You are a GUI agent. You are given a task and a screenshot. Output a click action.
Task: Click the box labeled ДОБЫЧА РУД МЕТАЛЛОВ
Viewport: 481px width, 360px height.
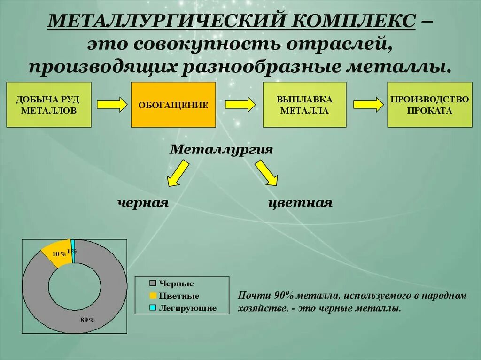tap(48, 105)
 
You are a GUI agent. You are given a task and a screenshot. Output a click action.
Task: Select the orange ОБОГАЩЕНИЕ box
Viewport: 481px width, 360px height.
tap(173, 105)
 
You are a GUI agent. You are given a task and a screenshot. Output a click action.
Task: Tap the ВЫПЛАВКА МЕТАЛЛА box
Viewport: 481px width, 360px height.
tap(304, 105)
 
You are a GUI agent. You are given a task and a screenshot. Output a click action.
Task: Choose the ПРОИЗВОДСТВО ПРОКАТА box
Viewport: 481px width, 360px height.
tap(429, 105)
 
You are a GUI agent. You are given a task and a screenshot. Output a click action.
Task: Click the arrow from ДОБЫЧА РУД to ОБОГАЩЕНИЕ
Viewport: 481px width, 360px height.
tap(112, 104)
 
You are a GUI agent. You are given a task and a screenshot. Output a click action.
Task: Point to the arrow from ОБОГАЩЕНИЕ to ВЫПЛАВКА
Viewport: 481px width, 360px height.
tap(240, 104)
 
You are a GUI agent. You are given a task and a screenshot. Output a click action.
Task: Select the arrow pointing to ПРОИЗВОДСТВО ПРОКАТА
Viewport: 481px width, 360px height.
tap(369, 104)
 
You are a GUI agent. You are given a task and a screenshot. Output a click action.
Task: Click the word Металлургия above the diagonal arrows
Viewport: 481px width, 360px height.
tap(221, 149)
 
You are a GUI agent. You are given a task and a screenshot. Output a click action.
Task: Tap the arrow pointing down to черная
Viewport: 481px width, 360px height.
tap(177, 173)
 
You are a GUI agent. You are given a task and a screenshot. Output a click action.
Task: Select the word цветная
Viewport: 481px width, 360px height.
tap(300, 203)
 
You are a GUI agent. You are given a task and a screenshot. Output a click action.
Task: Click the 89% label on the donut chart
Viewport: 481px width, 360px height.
tap(87, 320)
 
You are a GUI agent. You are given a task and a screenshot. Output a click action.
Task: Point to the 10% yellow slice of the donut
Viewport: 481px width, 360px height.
tap(57, 253)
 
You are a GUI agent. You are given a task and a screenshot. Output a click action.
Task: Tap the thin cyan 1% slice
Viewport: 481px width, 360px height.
tap(73, 251)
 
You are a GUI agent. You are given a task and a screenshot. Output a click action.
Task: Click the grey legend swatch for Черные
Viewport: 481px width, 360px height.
tap(153, 283)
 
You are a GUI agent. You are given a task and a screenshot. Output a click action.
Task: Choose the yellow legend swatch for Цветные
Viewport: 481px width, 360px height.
tap(153, 296)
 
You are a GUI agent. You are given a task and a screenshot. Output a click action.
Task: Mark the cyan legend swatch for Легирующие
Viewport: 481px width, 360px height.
tap(153, 308)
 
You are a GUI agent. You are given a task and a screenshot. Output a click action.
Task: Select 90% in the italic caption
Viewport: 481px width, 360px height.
tap(284, 296)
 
